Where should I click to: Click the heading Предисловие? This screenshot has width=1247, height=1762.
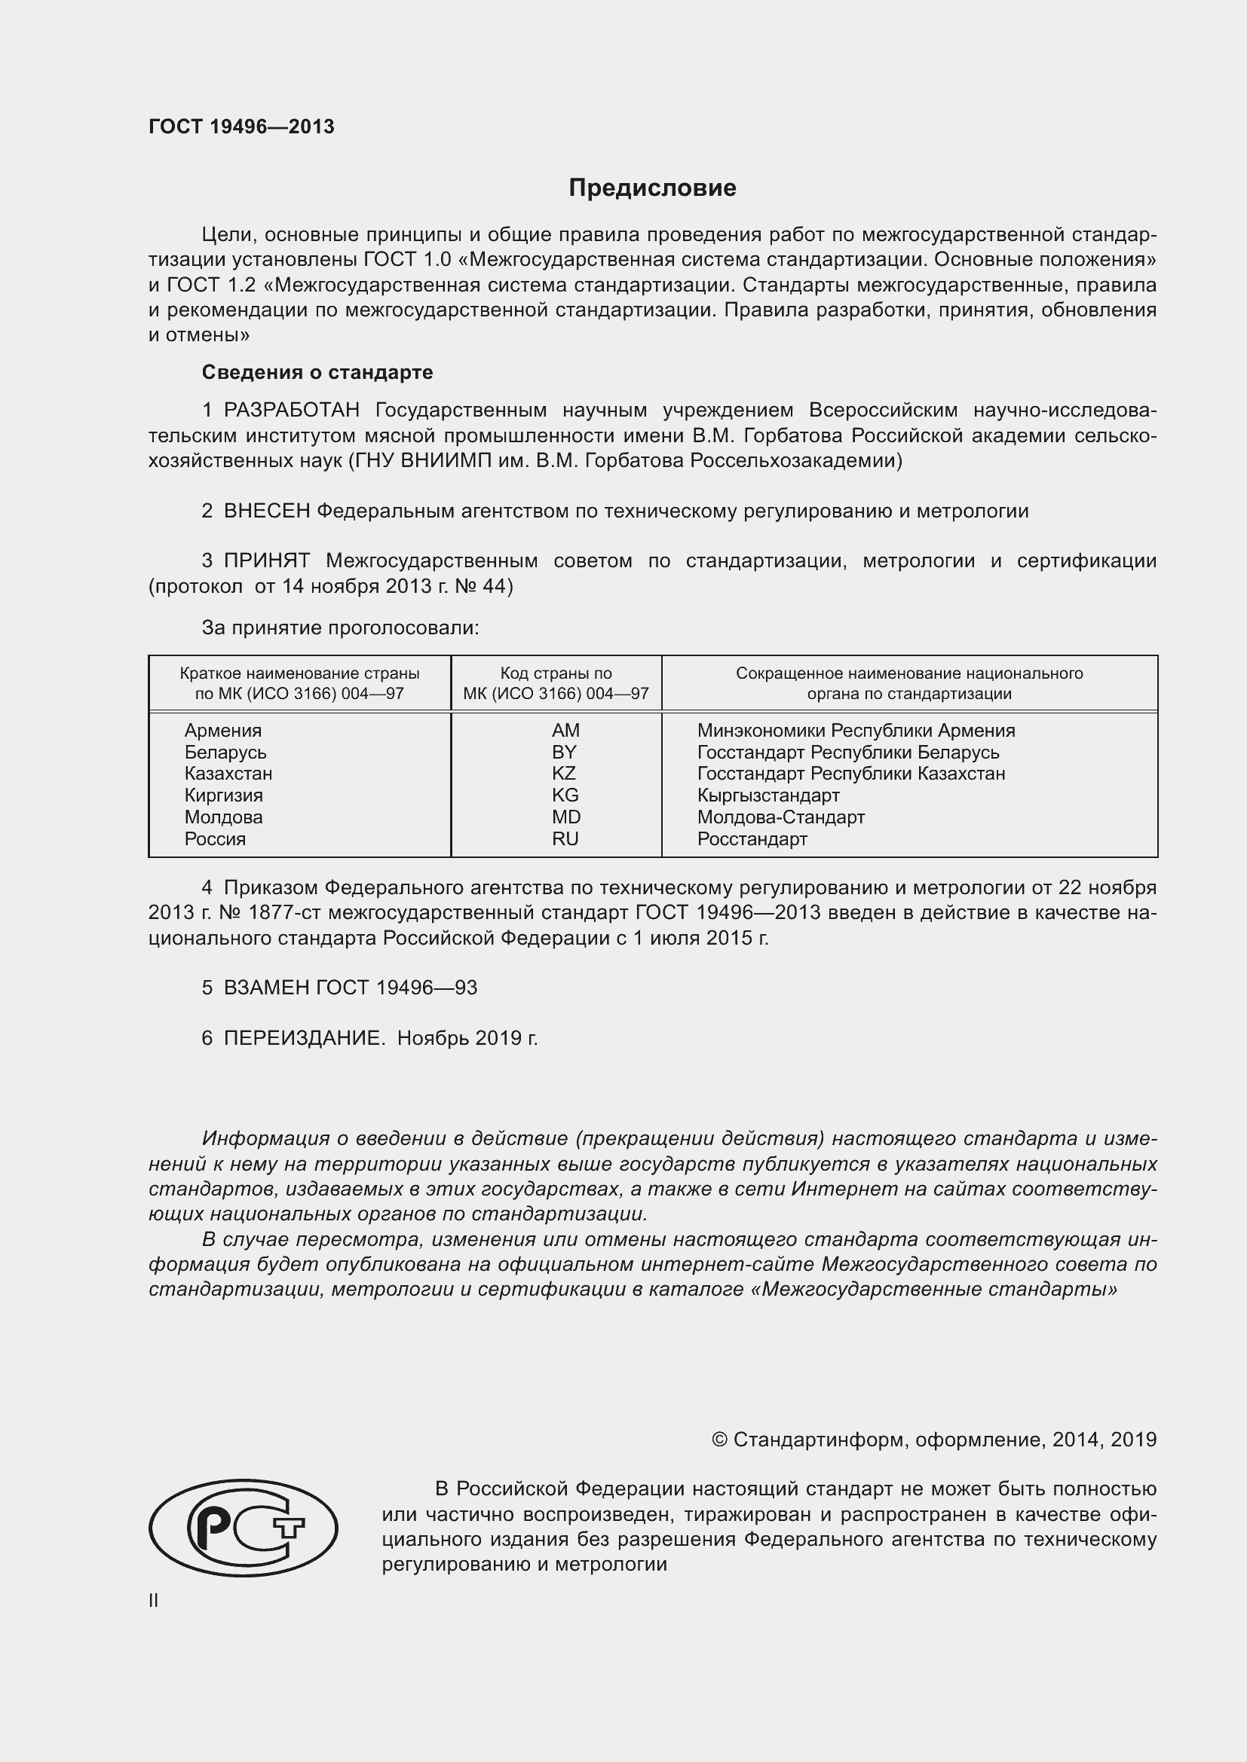coord(652,188)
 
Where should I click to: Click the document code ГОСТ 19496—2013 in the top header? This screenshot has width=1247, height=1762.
coord(241,127)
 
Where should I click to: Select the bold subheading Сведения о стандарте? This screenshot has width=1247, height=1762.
coord(317,372)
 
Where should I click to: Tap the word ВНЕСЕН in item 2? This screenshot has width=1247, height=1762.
coord(266,511)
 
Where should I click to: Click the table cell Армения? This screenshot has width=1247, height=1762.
coord(222,731)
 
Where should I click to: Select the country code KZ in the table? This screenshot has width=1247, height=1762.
coord(564,774)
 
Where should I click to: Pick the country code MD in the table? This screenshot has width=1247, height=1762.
coord(566,817)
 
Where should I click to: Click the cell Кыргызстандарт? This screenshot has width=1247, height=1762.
coord(768,795)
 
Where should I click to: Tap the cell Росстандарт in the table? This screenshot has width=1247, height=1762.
coord(752,838)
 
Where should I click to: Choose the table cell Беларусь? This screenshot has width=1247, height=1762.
coord(225,752)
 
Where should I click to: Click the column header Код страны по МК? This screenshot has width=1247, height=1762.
coord(556,683)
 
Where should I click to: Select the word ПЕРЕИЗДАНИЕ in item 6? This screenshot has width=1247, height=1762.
coord(304,1038)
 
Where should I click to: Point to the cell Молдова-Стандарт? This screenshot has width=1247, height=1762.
coord(780,817)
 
